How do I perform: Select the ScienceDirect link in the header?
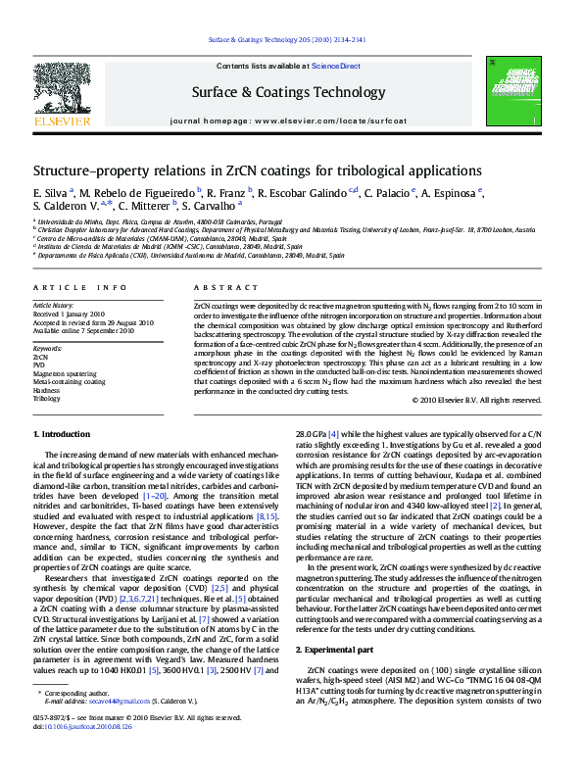pos(335,66)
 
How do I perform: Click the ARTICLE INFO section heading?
pos(80,287)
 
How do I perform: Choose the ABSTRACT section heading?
pos(213,287)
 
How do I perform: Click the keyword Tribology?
pos(47,399)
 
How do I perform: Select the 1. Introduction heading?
pos(64,433)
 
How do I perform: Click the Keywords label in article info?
pos(48,349)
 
